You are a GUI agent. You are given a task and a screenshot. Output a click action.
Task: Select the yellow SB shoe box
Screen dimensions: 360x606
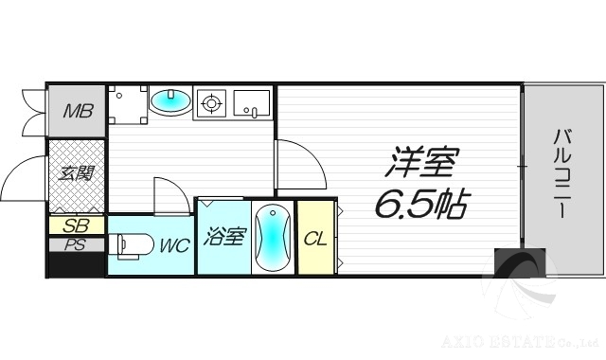(x=75, y=225)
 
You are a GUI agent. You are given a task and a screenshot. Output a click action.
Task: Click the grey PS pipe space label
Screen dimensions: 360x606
(x=75, y=243)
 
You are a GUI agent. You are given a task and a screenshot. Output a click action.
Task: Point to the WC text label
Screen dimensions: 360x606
(x=173, y=245)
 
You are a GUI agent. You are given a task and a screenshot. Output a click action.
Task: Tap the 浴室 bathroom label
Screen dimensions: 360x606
(x=223, y=236)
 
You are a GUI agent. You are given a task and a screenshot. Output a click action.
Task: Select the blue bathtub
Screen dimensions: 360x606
(x=272, y=238)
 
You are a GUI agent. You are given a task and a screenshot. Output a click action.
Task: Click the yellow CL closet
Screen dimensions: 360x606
(x=315, y=238)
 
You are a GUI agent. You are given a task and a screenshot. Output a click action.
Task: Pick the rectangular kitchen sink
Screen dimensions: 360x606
(x=251, y=101)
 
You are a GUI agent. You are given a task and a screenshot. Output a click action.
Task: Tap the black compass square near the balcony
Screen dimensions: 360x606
(x=520, y=262)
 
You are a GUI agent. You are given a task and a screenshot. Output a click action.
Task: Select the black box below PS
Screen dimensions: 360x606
(x=76, y=263)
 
